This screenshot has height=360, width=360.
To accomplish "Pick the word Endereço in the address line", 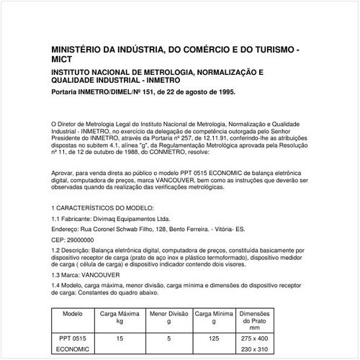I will pyautogui.click(x=70, y=228).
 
